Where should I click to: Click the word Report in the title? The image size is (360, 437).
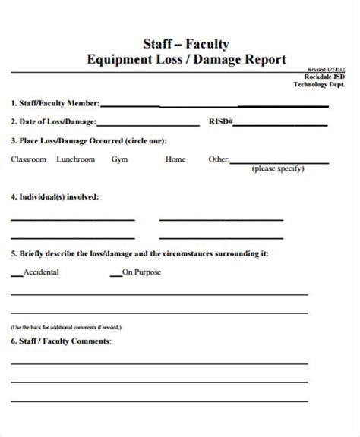tap(260, 58)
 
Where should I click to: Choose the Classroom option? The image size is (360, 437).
tap(29, 159)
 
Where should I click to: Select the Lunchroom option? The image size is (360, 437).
tap(77, 159)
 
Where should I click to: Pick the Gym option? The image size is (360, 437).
tap(119, 159)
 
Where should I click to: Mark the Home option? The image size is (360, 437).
tap(175, 159)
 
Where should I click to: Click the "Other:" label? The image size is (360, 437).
tap(219, 159)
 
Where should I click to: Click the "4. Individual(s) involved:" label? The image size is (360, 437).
tap(55, 196)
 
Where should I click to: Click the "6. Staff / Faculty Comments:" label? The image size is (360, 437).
tap(61, 341)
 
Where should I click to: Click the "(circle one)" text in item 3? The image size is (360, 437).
tap(143, 141)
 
